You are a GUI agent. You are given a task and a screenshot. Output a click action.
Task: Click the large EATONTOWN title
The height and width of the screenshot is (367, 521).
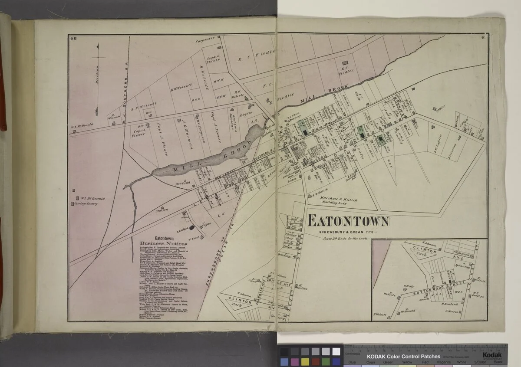[x=348, y=221]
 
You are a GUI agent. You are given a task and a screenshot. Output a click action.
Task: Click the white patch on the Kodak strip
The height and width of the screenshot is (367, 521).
[x=336, y=351]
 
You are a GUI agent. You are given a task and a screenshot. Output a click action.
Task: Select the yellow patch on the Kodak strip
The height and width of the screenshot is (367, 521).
[x=305, y=361]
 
